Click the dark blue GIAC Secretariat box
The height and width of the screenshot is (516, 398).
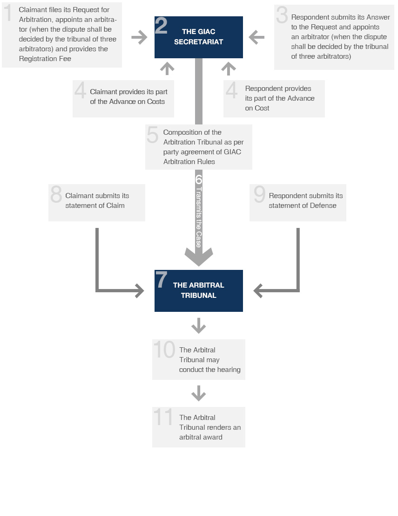tap(198, 37)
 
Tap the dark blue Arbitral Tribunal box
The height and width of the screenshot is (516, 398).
tap(198, 290)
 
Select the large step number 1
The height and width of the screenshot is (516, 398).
tap(8, 13)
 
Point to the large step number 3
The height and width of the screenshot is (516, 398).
tap(282, 15)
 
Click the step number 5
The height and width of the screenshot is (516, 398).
tap(152, 135)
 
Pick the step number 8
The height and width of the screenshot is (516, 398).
tap(56, 194)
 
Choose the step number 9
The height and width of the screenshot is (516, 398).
tap(259, 194)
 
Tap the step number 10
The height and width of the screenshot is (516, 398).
tap(164, 349)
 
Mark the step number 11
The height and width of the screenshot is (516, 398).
tap(163, 417)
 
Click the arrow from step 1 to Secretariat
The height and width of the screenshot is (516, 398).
tap(139, 37)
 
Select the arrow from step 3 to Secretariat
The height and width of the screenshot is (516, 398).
tap(256, 37)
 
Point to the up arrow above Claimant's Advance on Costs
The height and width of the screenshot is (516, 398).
tap(167, 69)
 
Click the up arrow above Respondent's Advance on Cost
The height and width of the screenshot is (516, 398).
tap(229, 69)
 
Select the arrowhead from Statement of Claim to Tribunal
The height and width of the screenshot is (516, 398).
tap(140, 291)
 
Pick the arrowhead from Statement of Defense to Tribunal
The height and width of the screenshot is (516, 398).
tap(258, 291)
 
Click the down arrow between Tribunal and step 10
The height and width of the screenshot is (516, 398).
tap(198, 326)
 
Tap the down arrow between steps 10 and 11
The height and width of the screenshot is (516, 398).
tap(198, 393)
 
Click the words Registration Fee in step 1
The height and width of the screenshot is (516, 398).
tap(45, 59)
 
